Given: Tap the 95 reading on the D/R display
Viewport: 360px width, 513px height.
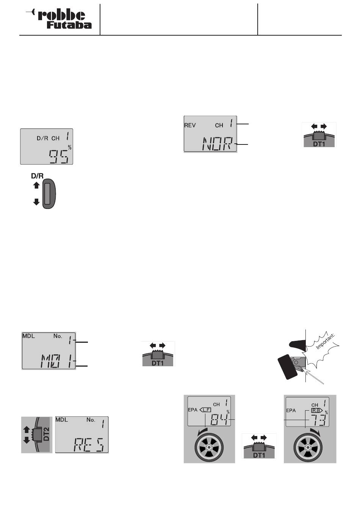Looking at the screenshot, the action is click(59, 157).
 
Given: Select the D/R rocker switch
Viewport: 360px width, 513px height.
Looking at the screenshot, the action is click(49, 194).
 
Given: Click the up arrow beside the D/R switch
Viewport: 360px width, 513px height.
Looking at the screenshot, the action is click(36, 185).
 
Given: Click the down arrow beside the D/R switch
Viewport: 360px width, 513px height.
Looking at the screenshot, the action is click(36, 202).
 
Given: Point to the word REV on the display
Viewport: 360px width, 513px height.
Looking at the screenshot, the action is click(190, 125).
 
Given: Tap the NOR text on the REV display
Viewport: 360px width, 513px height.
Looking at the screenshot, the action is click(218, 144).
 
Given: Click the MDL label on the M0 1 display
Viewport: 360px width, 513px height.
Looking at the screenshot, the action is click(28, 336).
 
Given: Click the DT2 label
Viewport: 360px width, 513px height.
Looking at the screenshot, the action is click(46, 434).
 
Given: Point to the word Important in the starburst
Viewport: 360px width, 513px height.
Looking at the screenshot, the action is click(325, 342).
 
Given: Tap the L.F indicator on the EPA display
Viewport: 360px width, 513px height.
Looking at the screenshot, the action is click(205, 410).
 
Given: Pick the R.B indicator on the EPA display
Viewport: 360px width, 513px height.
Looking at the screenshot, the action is click(317, 411).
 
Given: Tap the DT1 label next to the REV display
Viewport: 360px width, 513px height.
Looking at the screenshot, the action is click(319, 144).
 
